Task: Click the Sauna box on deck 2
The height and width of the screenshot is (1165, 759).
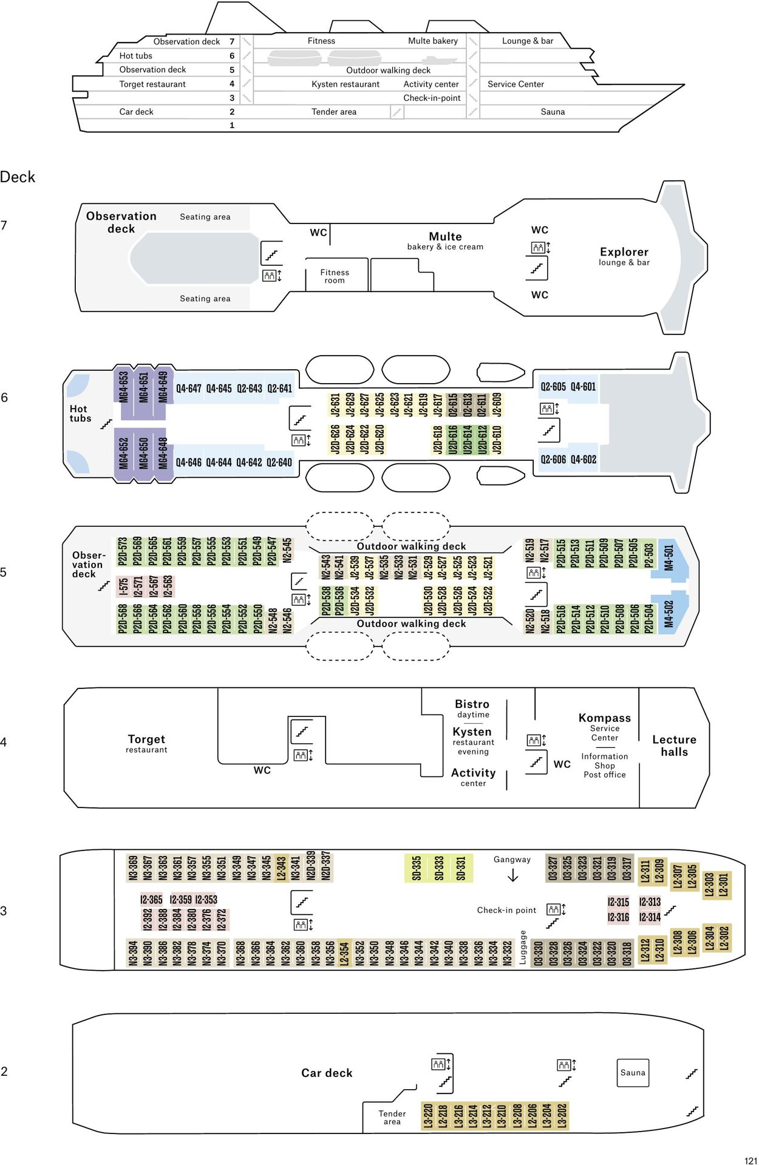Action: (632, 1073)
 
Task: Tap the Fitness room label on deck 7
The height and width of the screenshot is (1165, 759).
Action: (335, 276)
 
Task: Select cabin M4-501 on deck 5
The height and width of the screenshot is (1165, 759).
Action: (669, 558)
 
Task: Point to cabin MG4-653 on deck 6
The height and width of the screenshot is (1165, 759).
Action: (124, 387)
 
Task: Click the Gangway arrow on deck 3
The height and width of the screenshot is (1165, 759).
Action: (512, 875)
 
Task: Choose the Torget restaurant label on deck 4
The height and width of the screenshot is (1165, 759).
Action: (146, 743)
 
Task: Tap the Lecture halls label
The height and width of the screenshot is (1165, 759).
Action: (674, 746)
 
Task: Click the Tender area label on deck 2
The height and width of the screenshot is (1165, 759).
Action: (392, 1117)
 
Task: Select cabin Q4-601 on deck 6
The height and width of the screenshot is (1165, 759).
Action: (583, 387)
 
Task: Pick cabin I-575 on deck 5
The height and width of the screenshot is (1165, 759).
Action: (123, 586)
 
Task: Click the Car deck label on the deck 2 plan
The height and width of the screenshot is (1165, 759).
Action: (327, 1073)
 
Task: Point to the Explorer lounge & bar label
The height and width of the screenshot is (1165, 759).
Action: (624, 256)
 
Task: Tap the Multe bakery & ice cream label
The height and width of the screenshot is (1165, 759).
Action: (445, 240)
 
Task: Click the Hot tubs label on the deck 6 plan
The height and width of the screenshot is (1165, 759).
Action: (80, 413)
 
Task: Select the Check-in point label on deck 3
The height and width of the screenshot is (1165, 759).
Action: (506, 910)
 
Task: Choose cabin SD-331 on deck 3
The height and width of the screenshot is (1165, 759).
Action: (461, 868)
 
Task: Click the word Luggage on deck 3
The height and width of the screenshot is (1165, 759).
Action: (523, 947)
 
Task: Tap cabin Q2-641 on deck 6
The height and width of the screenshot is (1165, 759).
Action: (279, 389)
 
